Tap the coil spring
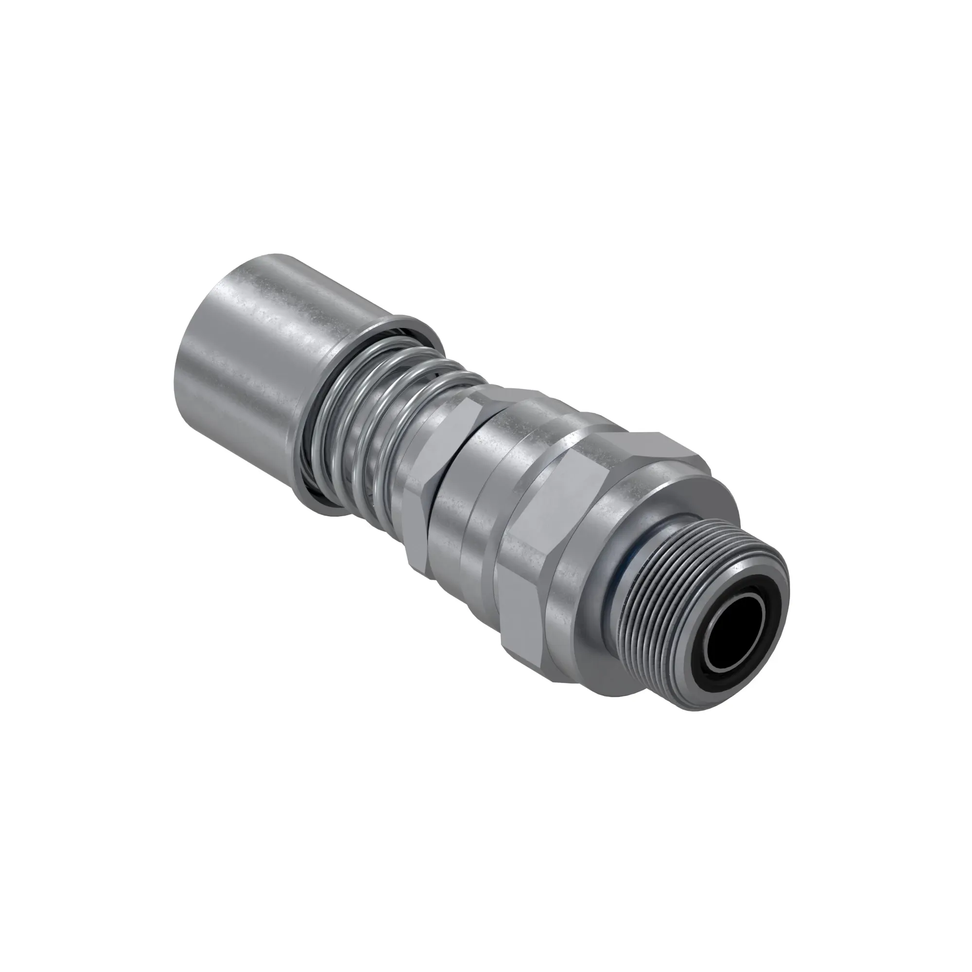pyautogui.click(x=382, y=417)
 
